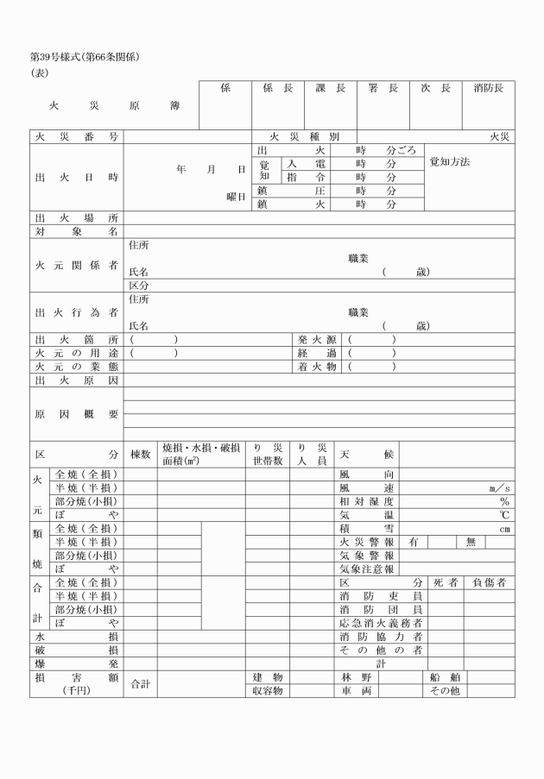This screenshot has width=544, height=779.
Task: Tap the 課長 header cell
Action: [x=330, y=88]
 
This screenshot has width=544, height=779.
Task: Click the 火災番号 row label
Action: [x=76, y=137]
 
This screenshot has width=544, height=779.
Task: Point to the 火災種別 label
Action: [x=304, y=137]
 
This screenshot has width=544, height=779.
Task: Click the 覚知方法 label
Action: [x=449, y=162]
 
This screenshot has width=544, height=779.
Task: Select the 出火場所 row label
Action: [x=76, y=218]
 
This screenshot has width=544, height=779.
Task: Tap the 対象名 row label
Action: [x=76, y=231]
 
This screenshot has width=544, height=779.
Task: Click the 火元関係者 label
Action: [x=76, y=266]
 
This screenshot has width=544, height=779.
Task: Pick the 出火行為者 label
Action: [x=76, y=312]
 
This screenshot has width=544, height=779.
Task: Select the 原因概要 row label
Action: [x=76, y=414]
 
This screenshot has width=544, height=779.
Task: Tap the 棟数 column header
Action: [x=140, y=454]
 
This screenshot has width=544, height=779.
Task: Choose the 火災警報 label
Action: [x=367, y=542]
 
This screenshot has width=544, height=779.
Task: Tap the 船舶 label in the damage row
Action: [x=445, y=677]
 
